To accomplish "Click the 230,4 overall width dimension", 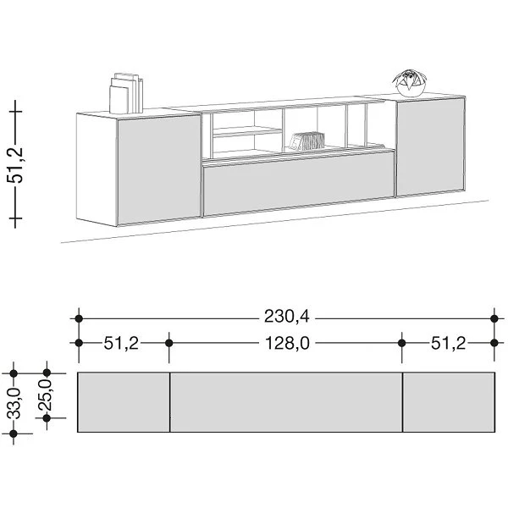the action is coord(287,317).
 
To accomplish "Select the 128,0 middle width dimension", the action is coord(287,343).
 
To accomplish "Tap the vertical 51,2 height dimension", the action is coord(15,164).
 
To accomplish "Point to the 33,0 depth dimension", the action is coord(15,403).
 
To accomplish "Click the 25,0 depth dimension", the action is coord(46,395).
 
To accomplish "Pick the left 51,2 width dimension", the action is coord(121,344).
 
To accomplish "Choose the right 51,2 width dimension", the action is coord(448,344).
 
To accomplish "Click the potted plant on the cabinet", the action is coord(410,83).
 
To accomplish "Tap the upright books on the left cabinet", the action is coord(126,93).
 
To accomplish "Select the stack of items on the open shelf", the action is coord(306,141).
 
